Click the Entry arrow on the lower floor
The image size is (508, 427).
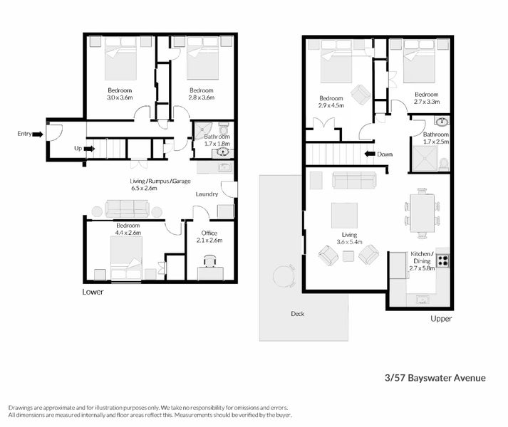(37, 133)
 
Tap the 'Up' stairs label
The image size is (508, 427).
(78, 149)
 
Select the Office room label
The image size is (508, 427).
(209, 233)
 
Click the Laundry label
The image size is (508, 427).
(206, 194)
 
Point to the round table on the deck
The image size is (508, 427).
(284, 274)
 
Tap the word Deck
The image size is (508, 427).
(298, 313)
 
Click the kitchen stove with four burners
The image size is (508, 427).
(442, 260)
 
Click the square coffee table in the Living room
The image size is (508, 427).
(346, 214)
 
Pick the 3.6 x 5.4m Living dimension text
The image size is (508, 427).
(348, 242)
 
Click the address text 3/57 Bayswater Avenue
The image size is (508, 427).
(435, 378)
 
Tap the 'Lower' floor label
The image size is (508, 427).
(93, 292)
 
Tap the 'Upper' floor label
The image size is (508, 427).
(441, 319)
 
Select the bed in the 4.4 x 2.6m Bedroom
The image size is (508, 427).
(125, 258)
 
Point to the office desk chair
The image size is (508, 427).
(209, 261)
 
